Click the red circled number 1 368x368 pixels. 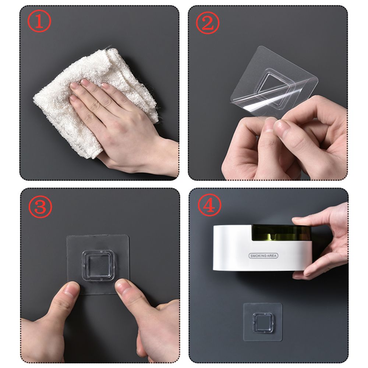coord(39,23)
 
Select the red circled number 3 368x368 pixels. coord(40,206)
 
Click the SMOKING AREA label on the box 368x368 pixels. coord(263,256)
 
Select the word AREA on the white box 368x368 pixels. coord(272,256)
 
